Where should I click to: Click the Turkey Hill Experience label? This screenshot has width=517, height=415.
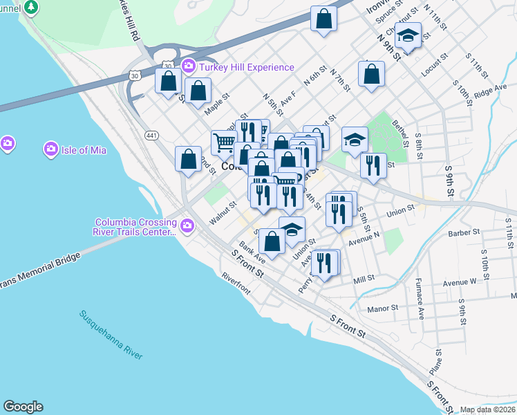pyautogui.click(x=247, y=67)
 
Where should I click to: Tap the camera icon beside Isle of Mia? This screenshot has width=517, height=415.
pyautogui.click(x=50, y=149)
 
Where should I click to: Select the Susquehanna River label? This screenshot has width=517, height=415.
pyautogui.click(x=111, y=335)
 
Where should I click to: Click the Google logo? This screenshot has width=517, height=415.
pyautogui.click(x=23, y=407)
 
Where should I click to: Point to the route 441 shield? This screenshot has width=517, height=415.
pyautogui.click(x=150, y=134)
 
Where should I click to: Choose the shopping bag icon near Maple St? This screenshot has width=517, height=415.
pyautogui.click(x=198, y=91)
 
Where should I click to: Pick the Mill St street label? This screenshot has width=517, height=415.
pyautogui.click(x=363, y=279)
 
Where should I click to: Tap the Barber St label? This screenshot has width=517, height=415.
pyautogui.click(x=463, y=233)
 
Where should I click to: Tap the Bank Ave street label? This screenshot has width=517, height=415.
pyautogui.click(x=252, y=253)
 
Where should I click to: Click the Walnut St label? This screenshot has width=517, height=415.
pyautogui.click(x=223, y=212)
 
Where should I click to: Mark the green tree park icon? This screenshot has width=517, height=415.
pyautogui.click(x=31, y=8)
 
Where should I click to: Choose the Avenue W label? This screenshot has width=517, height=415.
pyautogui.click(x=460, y=282)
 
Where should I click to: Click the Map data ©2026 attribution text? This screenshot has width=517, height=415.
pyautogui.click(x=487, y=409)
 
